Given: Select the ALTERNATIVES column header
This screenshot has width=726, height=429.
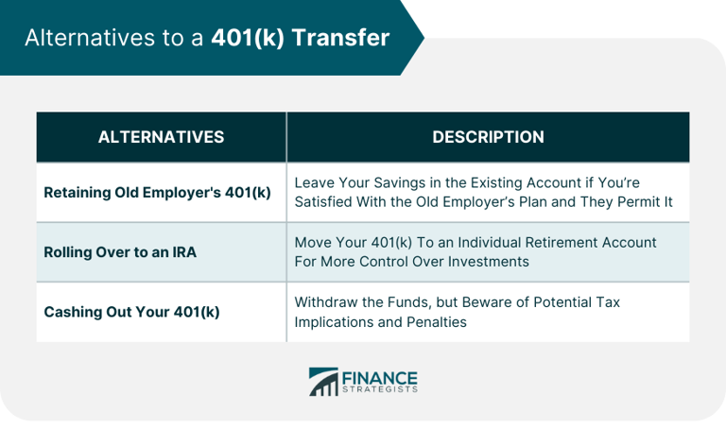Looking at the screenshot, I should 161,137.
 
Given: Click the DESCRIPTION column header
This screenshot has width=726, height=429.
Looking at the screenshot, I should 488,137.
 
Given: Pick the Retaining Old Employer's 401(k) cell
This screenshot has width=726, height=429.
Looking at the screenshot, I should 157,192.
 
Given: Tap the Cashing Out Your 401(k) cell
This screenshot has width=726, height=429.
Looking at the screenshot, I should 131,311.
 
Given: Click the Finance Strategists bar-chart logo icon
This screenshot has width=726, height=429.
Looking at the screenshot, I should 322,382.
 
